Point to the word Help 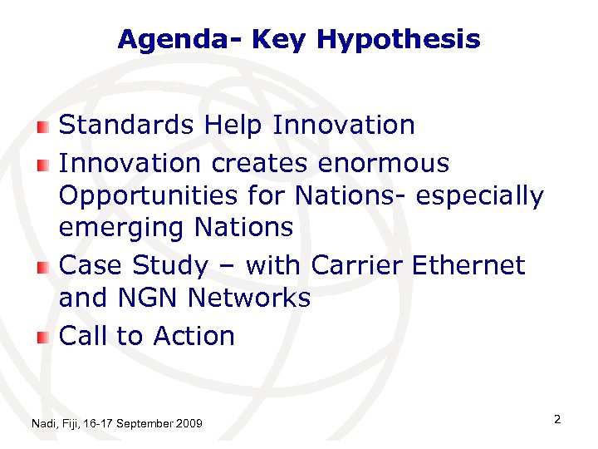point(233,126)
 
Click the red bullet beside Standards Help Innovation point(44,126)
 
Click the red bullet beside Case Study point(44,267)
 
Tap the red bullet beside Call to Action point(44,337)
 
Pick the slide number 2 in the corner point(557,420)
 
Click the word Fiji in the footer point(71,424)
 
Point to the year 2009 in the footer point(189,424)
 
